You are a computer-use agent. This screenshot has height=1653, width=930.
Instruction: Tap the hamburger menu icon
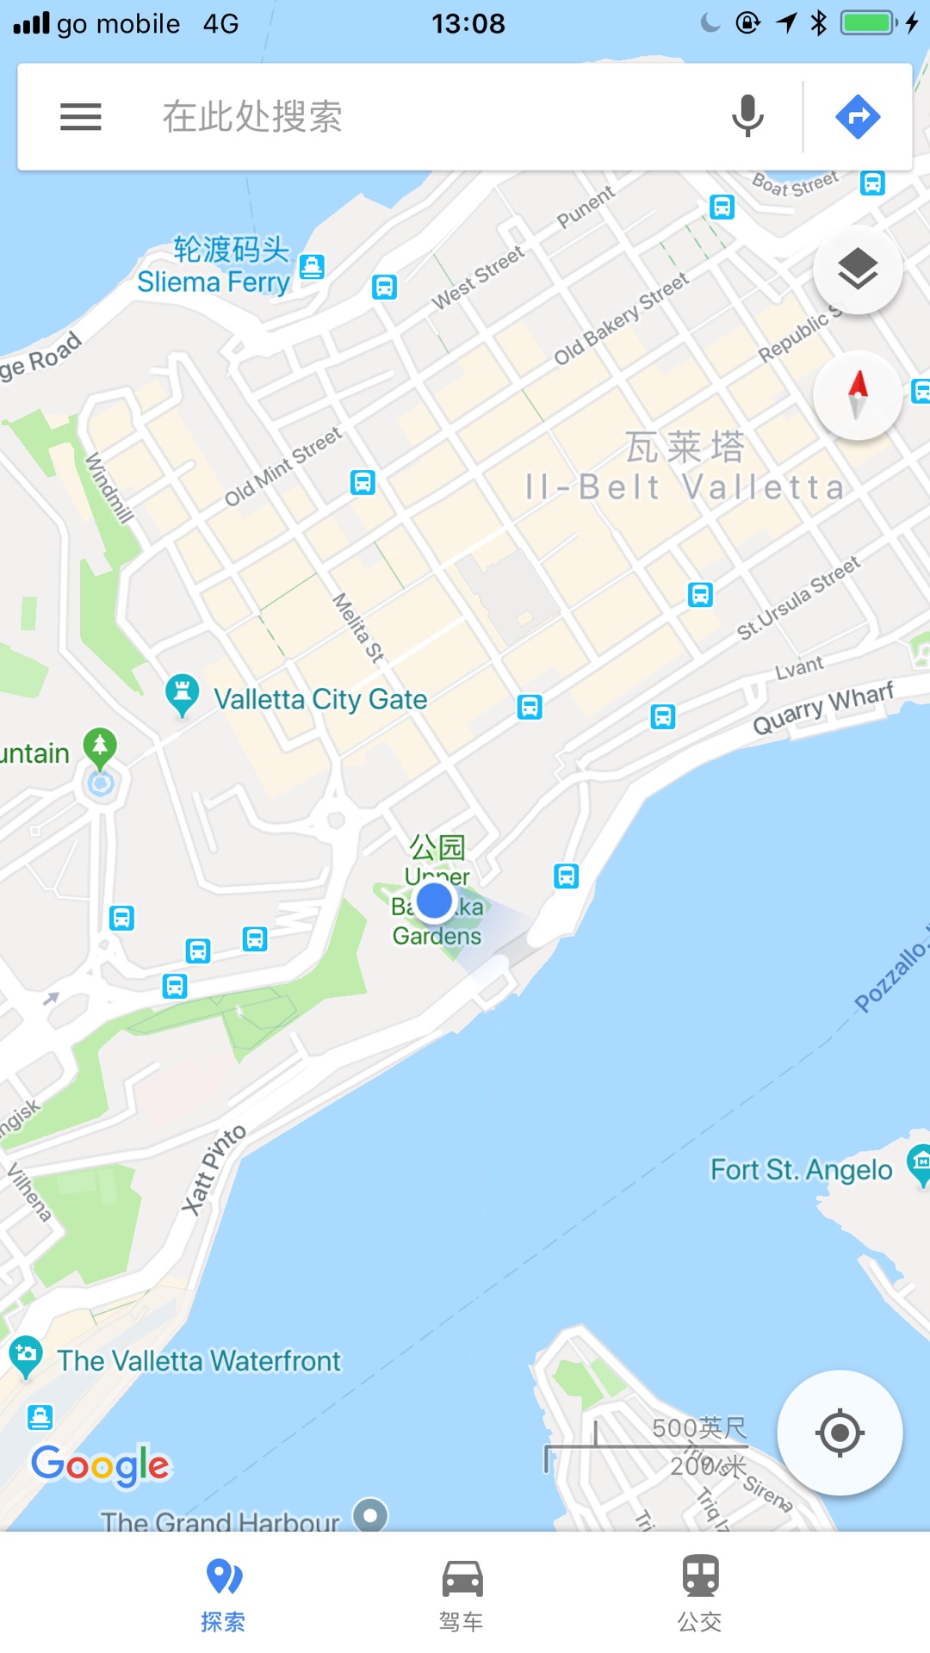tap(81, 116)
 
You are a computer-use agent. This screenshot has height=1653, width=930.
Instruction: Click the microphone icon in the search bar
tap(747, 116)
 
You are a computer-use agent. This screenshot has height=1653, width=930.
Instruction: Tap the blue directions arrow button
tap(858, 116)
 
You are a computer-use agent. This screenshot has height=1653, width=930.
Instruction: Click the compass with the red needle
tap(858, 395)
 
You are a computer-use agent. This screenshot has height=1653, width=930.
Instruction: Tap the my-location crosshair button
tap(840, 1433)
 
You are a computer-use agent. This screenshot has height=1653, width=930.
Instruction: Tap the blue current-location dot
tap(434, 901)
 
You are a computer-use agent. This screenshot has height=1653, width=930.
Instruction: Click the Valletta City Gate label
tap(320, 699)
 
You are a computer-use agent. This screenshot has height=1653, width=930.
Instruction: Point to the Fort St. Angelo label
tap(801, 1170)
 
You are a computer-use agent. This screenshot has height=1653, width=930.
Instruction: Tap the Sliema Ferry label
tap(214, 282)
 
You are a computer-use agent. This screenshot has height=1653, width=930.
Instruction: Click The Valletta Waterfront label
tap(199, 1361)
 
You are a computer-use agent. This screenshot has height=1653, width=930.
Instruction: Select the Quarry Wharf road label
tap(823, 708)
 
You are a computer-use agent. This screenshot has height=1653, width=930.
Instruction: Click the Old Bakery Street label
tap(621, 319)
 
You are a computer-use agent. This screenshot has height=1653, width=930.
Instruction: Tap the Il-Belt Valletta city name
tap(685, 486)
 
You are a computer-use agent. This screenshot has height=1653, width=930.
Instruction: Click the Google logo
tap(102, 1464)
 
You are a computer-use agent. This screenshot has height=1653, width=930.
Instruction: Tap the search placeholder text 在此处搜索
tap(252, 116)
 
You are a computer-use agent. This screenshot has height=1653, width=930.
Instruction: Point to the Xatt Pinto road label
tap(214, 1169)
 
